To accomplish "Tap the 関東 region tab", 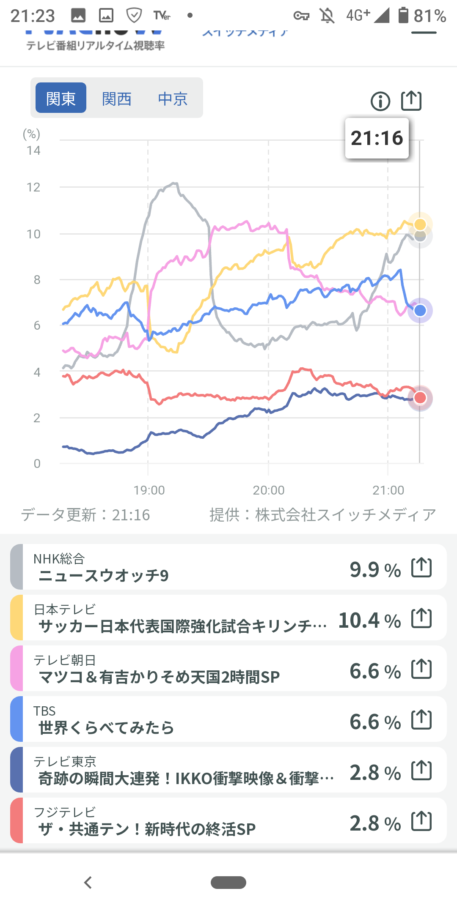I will [61, 98].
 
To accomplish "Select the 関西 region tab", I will [117, 99].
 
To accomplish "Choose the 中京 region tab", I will [173, 99].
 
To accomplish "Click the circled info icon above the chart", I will [380, 101].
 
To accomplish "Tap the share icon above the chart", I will [411, 101].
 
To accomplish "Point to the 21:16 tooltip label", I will [377, 138].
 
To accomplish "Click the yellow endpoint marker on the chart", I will [420, 224].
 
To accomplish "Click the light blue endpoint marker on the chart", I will [420, 311].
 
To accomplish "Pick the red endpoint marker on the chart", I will [420, 398].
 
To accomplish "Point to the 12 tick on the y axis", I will [33, 187].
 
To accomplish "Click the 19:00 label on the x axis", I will [149, 490].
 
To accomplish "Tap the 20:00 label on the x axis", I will [269, 490].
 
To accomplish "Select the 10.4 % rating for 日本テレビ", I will [369, 621].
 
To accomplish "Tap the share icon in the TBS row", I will [421, 720].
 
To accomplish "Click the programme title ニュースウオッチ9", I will [104, 576].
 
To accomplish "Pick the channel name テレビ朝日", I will [65, 660].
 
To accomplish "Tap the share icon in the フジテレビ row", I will [421, 821].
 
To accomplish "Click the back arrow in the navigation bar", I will [88, 883].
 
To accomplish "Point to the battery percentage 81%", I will [429, 16].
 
